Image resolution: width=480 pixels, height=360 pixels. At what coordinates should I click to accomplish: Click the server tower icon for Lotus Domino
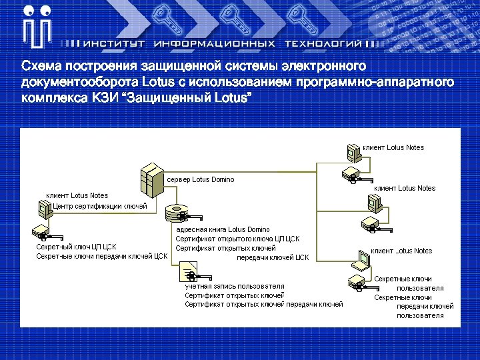pos(151,178)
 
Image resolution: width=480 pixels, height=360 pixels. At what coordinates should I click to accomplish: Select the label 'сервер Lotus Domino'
pos(200,180)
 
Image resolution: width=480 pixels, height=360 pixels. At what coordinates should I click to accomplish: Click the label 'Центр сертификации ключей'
pos(100,206)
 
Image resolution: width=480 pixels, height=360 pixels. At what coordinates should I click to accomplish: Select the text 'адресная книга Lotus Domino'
pos(223,229)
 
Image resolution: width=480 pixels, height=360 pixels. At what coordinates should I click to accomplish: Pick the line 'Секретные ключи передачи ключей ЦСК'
pos(101,256)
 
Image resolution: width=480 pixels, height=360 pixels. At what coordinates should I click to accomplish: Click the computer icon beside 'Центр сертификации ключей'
pos(44,209)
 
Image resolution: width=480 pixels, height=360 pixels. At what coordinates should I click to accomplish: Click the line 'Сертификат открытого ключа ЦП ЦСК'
pos(237,239)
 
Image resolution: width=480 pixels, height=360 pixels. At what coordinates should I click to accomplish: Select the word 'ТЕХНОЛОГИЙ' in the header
pos(323,43)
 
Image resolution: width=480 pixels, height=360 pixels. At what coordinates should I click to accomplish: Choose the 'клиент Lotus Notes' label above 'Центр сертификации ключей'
pos(77,196)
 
